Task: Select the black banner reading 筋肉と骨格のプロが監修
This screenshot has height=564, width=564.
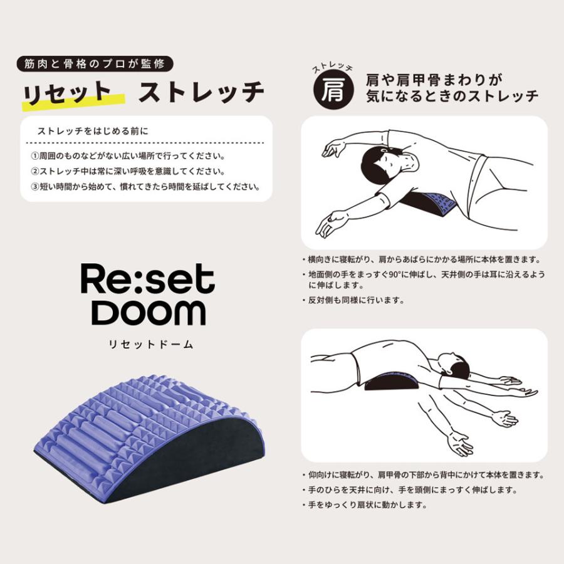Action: coord(92,63)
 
